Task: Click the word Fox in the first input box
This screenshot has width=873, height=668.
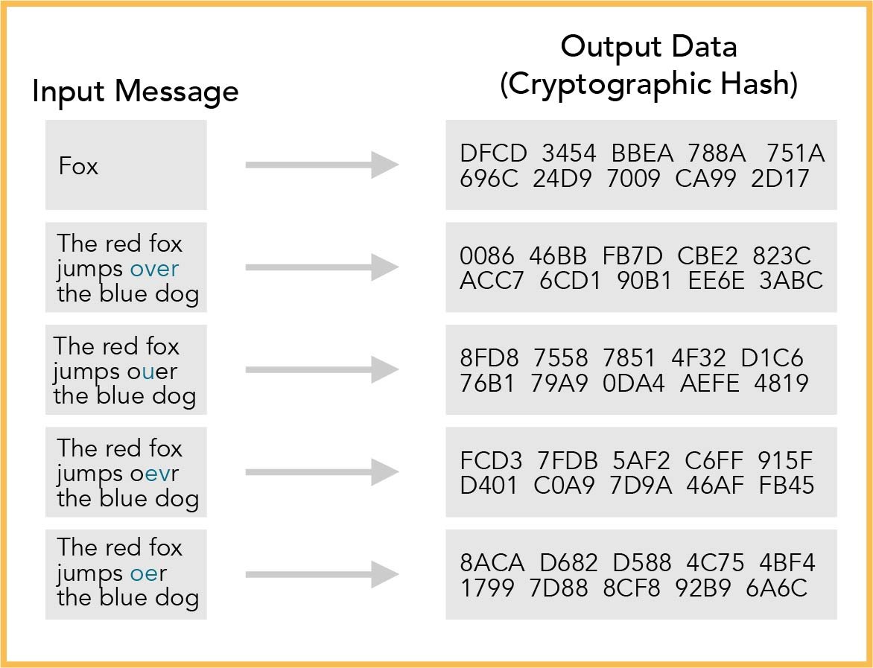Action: pyautogui.click(x=78, y=166)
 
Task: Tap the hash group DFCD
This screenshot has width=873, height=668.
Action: pyautogui.click(x=491, y=154)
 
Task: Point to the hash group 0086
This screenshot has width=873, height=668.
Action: pyautogui.click(x=487, y=256)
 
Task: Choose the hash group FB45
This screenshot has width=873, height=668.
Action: pyautogui.click(x=787, y=485)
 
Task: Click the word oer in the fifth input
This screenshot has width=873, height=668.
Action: pyautogui.click(x=148, y=573)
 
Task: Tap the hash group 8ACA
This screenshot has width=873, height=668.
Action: pyautogui.click(x=492, y=563)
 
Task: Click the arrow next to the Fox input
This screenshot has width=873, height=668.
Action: pyautogui.click(x=322, y=165)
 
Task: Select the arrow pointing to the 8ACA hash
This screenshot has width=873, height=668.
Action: pyautogui.click(x=322, y=574)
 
